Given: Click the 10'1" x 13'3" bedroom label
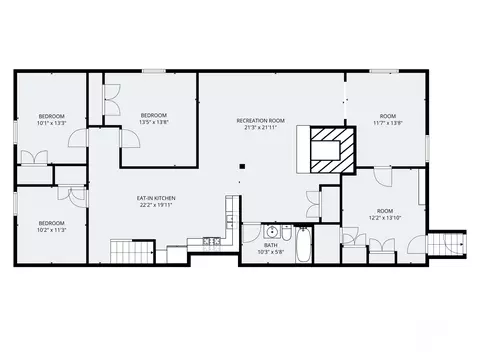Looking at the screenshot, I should (51, 120).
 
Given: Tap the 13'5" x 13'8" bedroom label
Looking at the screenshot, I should (154, 118).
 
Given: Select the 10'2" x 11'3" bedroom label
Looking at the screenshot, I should (51, 226).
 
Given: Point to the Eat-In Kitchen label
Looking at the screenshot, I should (156, 202).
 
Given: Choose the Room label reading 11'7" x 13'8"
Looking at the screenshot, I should (387, 119).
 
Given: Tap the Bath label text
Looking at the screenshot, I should (271, 249).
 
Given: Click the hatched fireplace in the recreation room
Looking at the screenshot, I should (330, 147).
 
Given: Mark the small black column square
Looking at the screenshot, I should (242, 166).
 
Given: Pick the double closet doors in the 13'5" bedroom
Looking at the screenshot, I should (111, 97).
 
